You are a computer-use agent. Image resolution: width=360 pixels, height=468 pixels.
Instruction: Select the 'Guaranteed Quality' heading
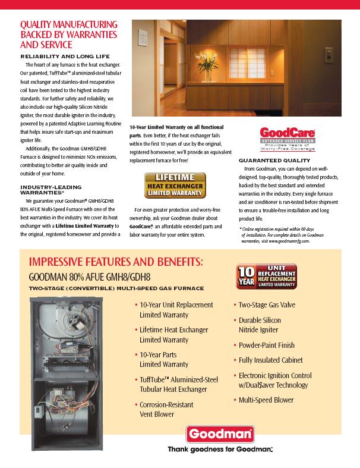(x=274, y=161)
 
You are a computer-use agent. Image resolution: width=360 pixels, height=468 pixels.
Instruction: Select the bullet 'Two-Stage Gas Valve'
(x=267, y=305)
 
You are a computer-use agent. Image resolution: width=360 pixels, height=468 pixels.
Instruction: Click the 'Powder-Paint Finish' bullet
(x=267, y=345)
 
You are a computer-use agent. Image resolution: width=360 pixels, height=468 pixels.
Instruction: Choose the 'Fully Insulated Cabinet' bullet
(x=271, y=360)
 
